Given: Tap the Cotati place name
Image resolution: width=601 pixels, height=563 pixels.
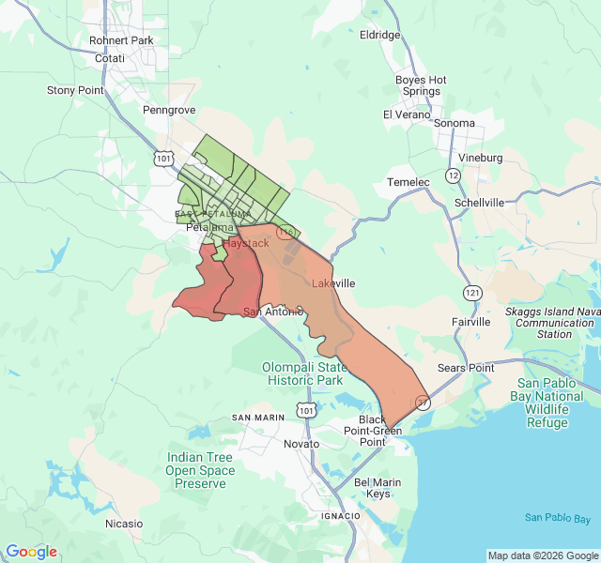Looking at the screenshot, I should [110, 58].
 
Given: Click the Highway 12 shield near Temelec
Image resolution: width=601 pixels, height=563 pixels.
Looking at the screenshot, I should [453, 175].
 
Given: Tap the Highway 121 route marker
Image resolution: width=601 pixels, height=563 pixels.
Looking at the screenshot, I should [471, 294].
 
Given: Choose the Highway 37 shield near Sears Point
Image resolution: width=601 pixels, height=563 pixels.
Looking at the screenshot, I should [423, 403].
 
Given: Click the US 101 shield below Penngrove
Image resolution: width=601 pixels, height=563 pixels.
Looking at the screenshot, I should [164, 159].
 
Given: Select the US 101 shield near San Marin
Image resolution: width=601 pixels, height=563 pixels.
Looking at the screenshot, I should [306, 410].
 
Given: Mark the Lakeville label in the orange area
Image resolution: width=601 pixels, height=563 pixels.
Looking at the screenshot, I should [333, 282].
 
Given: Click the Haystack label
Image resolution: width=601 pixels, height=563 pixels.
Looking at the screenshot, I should [245, 243].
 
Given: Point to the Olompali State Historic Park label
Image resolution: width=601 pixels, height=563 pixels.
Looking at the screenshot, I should [306, 373].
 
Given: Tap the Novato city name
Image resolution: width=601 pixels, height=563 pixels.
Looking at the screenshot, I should [301, 442].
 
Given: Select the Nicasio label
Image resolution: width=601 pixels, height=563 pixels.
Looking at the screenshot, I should [124, 523].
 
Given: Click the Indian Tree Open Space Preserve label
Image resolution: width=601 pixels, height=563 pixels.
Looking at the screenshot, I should [200, 470].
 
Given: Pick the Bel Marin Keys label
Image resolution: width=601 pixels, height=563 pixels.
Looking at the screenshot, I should [372, 488].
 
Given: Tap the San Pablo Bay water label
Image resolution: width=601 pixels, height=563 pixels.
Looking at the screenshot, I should [558, 518].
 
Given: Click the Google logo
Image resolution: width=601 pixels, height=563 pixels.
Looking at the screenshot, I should [32, 552].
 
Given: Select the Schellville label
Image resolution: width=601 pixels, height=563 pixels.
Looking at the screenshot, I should [479, 202].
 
